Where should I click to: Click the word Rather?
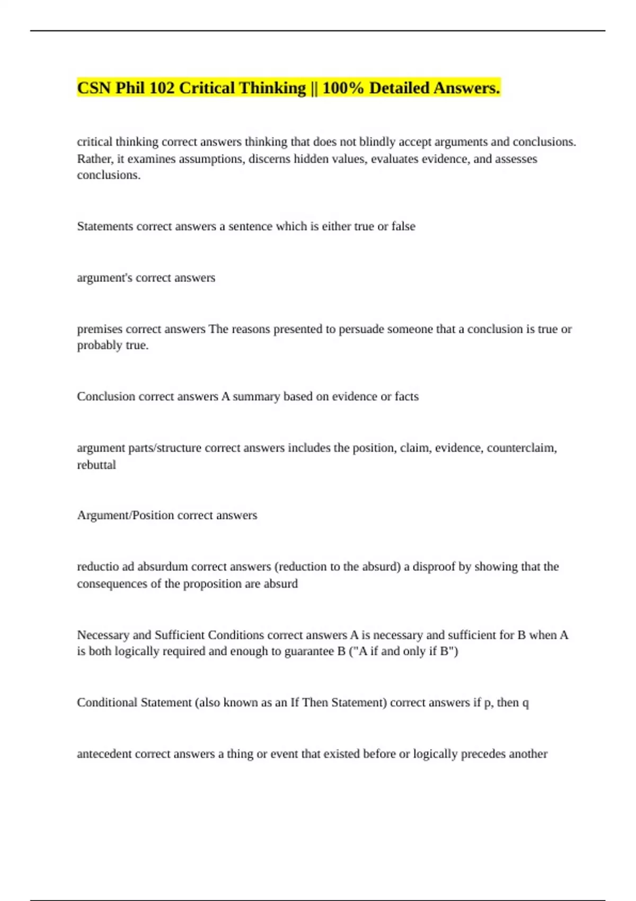92,159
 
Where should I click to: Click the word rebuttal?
96,465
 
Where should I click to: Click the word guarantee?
309,651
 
